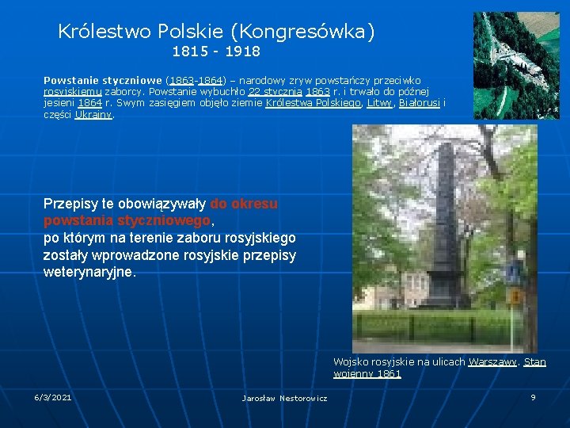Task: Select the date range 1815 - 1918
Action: coord(216,52)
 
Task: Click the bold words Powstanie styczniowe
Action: coord(103,81)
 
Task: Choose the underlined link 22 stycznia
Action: coord(273,92)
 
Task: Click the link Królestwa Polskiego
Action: coord(313,103)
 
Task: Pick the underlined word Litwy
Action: coord(379,103)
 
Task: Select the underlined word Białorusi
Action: coord(420,103)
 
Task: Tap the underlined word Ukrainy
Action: coord(94,114)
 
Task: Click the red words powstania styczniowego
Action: coord(127,220)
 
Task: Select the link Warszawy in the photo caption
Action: coord(493,362)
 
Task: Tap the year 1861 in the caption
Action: coord(389,373)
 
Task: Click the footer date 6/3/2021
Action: coord(53,397)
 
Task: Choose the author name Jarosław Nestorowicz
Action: coord(284,398)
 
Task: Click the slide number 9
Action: coord(533,397)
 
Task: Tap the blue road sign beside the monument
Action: coord(514,273)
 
